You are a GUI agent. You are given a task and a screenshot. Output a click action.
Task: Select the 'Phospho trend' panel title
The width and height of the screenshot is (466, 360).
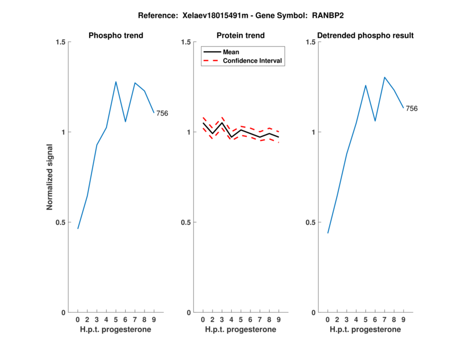pyautogui.click(x=116, y=36)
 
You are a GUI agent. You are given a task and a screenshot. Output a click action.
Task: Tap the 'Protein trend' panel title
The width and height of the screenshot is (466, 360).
pyautogui.click(x=241, y=36)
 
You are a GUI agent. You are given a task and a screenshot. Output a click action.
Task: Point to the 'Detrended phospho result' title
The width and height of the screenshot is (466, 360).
pyautogui.click(x=365, y=36)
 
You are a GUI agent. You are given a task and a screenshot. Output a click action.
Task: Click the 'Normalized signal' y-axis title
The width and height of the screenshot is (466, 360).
pyautogui.click(x=50, y=177)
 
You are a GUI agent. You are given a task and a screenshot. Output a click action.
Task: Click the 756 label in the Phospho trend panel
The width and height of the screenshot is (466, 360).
pyautogui.click(x=162, y=114)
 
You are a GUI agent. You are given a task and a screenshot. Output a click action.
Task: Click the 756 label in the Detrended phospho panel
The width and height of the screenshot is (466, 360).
pyautogui.click(x=411, y=109)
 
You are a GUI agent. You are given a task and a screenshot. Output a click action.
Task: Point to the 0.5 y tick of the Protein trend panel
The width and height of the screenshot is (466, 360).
pyautogui.click(x=185, y=223)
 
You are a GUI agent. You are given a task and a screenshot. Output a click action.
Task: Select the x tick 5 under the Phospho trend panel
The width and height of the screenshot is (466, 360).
pyautogui.click(x=116, y=320)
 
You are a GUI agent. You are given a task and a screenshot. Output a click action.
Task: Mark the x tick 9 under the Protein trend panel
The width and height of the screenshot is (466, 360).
pyautogui.click(x=278, y=320)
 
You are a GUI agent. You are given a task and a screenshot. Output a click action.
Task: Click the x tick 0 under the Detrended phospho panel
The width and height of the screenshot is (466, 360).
pyautogui.click(x=327, y=320)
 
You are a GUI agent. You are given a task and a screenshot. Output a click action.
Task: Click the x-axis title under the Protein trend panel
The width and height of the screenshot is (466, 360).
pyautogui.click(x=241, y=330)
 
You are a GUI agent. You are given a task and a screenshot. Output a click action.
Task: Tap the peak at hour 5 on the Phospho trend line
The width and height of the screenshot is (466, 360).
pyautogui.click(x=116, y=82)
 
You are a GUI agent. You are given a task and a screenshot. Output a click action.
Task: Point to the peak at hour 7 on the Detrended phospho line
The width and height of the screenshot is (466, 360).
pyautogui.click(x=384, y=77)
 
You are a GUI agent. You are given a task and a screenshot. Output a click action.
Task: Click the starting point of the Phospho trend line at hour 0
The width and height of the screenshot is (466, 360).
pyautogui.click(x=78, y=228)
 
